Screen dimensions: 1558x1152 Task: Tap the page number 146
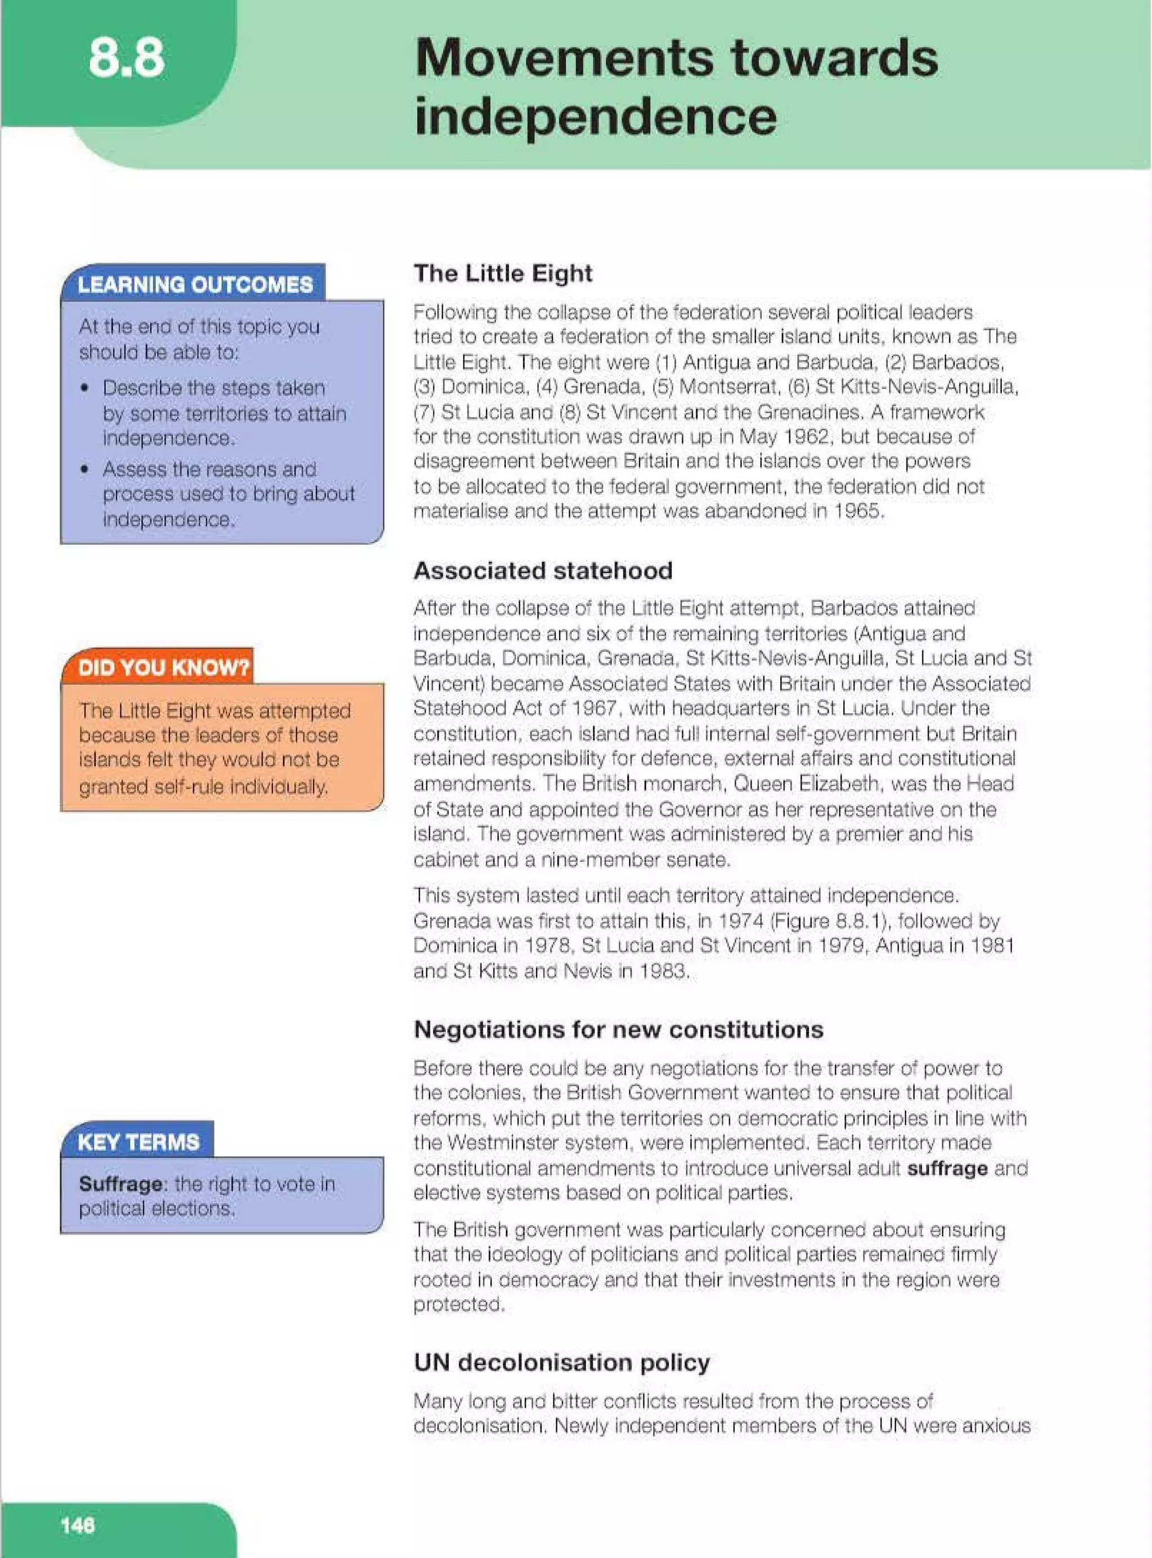pos(78,1525)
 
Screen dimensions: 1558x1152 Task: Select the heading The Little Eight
pos(503,273)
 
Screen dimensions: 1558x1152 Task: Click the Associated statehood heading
pos(542,570)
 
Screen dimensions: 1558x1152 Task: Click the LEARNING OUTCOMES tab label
pos(195,285)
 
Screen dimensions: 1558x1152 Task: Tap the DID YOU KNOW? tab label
pos(163,667)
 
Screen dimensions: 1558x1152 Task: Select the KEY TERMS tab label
pos(138,1142)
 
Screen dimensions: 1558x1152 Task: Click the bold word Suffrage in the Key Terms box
pos(120,1183)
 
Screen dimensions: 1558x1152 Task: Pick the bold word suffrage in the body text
pos(946,1168)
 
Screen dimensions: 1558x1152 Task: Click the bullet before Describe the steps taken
pos(85,388)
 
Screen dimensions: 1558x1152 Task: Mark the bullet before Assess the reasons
pos(85,469)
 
